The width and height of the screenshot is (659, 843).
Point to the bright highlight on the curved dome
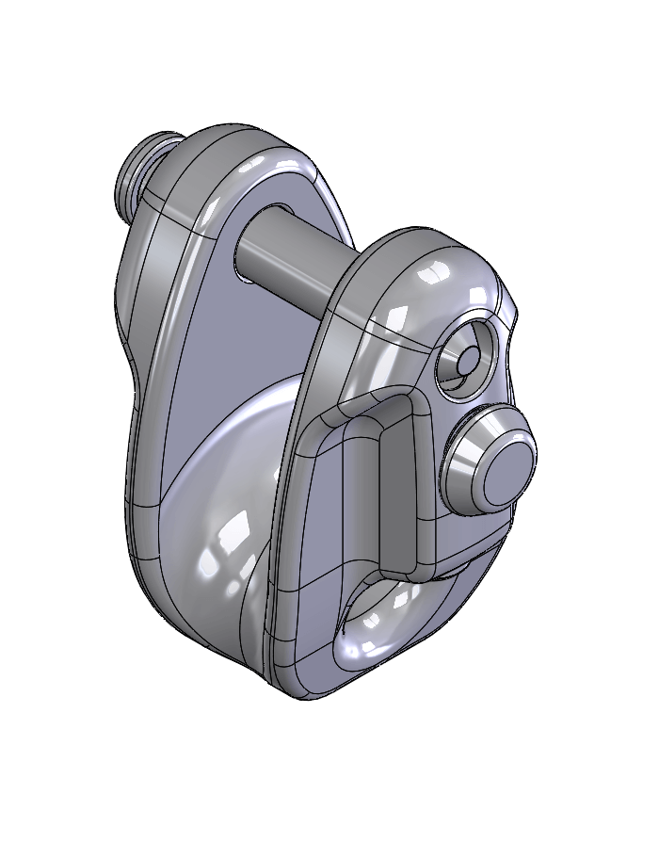(x=226, y=556)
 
